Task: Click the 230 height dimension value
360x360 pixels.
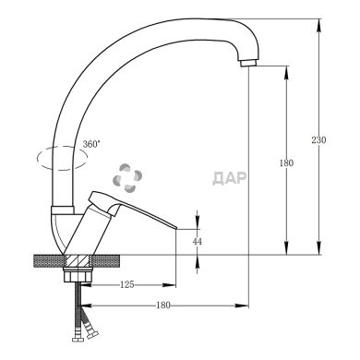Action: coord(318,140)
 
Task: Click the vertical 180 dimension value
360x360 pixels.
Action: coord(286,163)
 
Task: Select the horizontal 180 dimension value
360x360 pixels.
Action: coord(163,306)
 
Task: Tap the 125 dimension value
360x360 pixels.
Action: coord(127,285)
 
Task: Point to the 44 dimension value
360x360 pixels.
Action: coord(198,242)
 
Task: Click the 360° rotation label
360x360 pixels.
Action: coord(91,144)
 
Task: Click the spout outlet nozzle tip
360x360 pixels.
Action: coord(248,64)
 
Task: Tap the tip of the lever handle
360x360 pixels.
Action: coord(175,228)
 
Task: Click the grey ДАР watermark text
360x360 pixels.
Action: coord(229,178)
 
